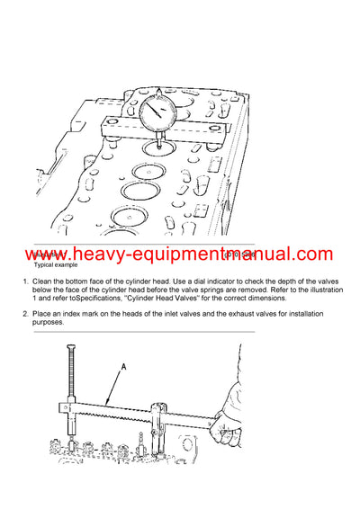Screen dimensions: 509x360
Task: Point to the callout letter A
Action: [x=122, y=366]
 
